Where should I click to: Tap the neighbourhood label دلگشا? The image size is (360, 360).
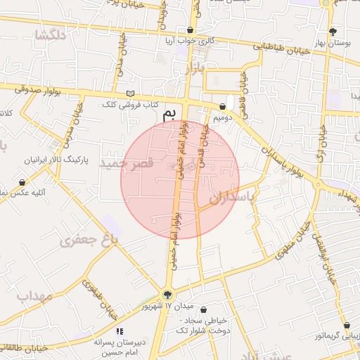pyautogui.click(x=53, y=35)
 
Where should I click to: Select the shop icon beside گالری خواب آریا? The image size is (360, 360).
pyautogui.click(x=191, y=30)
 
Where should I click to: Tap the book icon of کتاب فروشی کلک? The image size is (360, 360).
pyautogui.click(x=129, y=93)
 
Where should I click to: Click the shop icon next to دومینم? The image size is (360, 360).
pyautogui.click(x=222, y=106)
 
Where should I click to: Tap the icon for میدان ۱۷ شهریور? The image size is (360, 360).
pyautogui.click(x=167, y=295)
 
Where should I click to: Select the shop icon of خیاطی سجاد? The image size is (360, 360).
pyautogui.click(x=203, y=309)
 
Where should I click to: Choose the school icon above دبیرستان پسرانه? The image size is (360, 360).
pyautogui.click(x=119, y=331)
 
